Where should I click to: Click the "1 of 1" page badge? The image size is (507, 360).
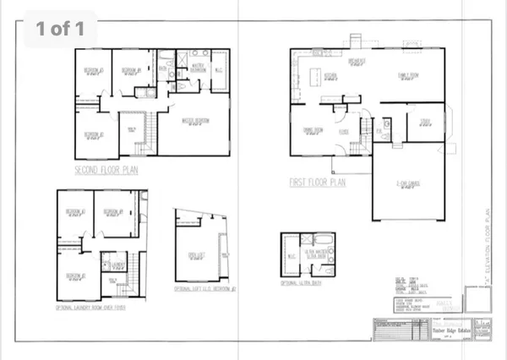pos(60,28)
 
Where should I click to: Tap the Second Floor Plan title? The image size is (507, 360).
pos(106,170)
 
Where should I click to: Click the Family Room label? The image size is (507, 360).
pos(410,74)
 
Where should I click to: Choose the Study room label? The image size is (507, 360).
pos(426,120)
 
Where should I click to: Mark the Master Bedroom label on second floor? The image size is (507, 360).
pos(195,120)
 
